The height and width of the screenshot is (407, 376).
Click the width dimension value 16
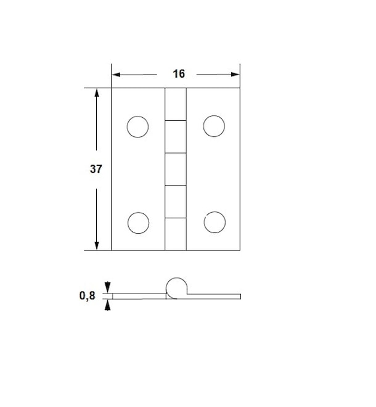pyautogui.click(x=179, y=74)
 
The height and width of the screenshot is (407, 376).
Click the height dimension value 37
pyautogui.click(x=96, y=169)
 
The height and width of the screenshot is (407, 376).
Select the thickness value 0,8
pyautogui.click(x=87, y=295)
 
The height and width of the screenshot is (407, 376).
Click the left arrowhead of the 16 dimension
pyautogui.click(x=116, y=75)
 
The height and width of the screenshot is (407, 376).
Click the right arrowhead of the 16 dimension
pyautogui.click(x=235, y=75)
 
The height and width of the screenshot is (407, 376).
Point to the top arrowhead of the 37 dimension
pyautogui.click(x=97, y=92)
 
